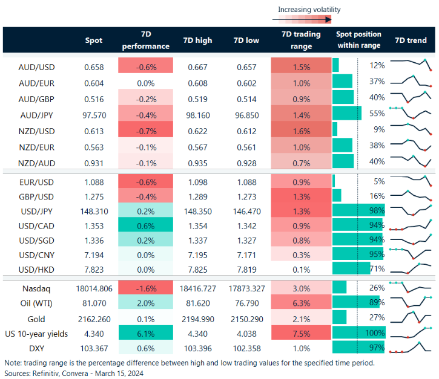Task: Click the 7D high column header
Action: [197, 40]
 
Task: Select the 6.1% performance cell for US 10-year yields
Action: [145, 334]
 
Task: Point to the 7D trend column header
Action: [410, 40]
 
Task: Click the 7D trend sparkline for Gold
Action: [411, 318]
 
